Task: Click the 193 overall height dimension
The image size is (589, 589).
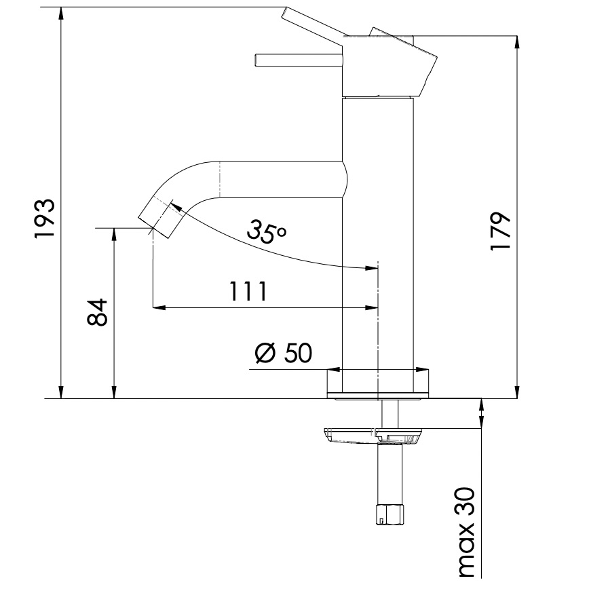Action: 45,218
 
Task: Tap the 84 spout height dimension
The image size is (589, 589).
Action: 98,312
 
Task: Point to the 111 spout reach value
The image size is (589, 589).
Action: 247,291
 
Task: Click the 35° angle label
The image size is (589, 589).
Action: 267,231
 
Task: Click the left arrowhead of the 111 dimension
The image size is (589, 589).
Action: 158,307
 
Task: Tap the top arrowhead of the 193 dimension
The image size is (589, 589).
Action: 62,12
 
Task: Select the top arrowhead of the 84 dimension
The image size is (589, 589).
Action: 115,233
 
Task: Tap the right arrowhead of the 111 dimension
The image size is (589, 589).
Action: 371,307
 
